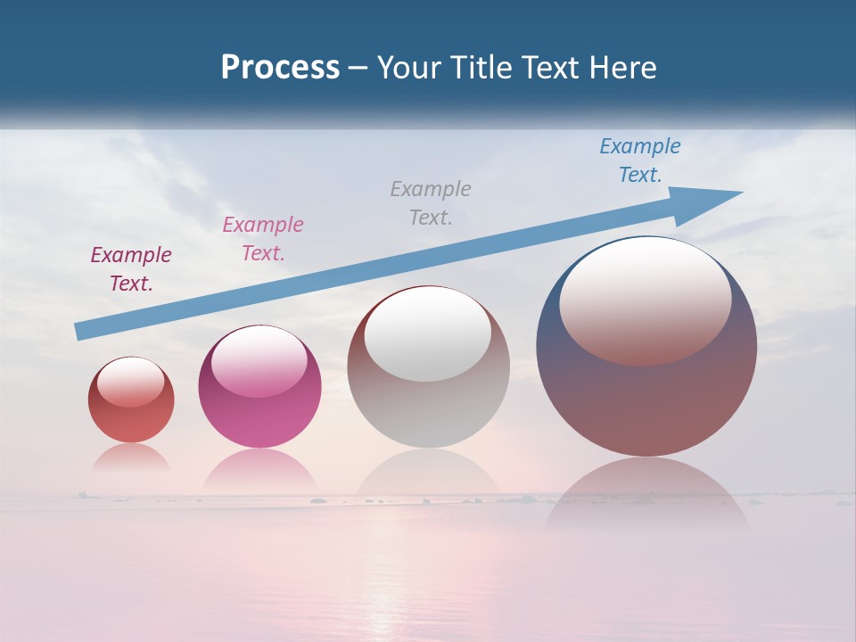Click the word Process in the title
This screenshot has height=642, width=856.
click(280, 68)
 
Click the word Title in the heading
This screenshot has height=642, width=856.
click(480, 68)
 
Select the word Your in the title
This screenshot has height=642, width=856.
click(409, 68)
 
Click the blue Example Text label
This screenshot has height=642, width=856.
click(639, 160)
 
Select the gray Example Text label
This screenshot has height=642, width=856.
click(431, 202)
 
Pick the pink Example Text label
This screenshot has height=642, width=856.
click(263, 238)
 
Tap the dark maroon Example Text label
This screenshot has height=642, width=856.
click(131, 268)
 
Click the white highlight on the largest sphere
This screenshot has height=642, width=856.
click(646, 299)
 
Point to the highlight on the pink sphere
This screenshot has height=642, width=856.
click(259, 361)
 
